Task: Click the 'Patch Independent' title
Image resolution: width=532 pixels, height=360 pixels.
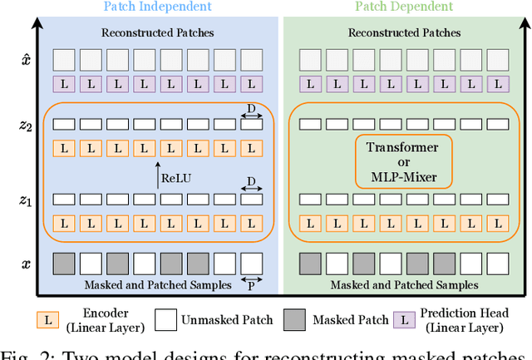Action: [157, 7]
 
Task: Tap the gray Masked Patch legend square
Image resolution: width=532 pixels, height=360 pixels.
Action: [294, 319]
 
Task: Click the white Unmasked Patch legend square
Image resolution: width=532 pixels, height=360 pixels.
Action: [167, 319]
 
